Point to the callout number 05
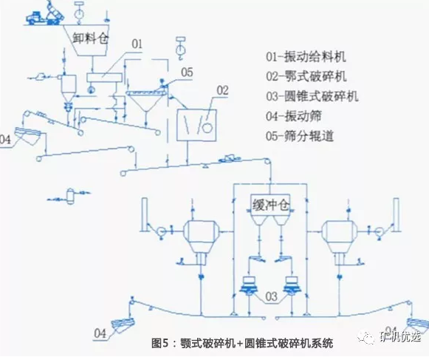pos(187,72)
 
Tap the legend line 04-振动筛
pos(303,116)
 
